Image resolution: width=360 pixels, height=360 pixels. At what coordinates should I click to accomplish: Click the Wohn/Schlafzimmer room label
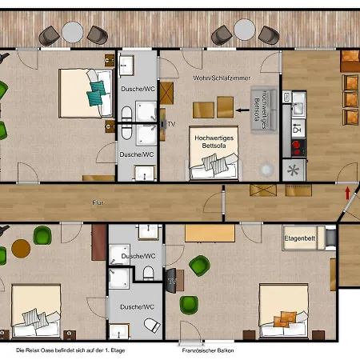click(222, 78)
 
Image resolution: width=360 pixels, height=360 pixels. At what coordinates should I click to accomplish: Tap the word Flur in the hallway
click(98, 203)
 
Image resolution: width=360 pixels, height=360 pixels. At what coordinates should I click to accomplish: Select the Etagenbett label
click(301, 238)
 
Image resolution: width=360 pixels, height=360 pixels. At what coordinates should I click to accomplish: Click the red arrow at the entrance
click(346, 193)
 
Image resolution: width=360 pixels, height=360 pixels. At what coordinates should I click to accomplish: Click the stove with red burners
click(297, 146)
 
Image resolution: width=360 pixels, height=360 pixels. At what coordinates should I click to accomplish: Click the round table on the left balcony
click(74, 32)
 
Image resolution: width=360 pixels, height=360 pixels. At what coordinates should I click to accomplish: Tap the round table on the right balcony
click(242, 33)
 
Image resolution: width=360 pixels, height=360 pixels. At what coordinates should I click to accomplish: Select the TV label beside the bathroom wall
click(171, 124)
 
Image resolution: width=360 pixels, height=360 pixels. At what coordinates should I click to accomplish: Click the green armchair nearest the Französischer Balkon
click(189, 305)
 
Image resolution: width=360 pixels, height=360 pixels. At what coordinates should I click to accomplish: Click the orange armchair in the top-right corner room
click(350, 61)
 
